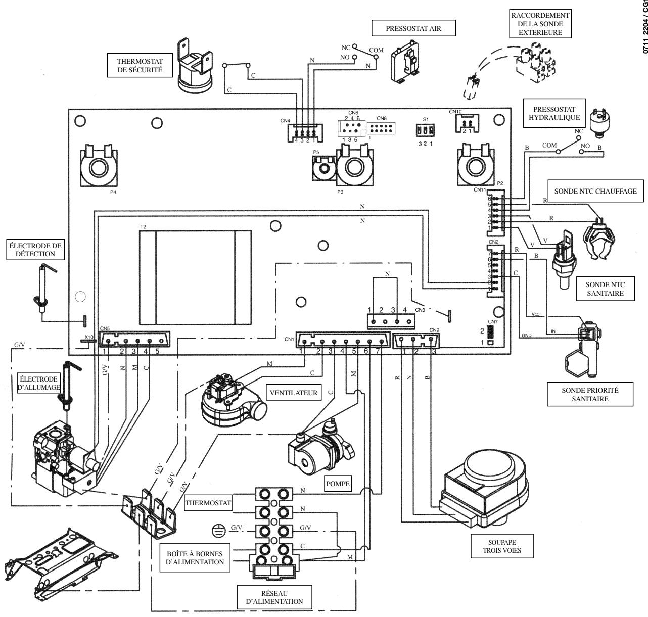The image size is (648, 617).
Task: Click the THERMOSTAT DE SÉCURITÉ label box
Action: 140,66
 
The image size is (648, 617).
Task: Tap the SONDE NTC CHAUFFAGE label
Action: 595,191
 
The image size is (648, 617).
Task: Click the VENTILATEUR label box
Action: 293,392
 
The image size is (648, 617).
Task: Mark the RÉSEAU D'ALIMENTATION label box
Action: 275,597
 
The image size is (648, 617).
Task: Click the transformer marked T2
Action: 195,277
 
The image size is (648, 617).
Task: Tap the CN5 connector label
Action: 105,328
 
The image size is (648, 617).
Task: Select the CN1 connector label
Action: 289,339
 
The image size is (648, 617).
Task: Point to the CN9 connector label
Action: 434,330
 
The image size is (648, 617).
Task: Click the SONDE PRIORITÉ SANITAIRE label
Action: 590,394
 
